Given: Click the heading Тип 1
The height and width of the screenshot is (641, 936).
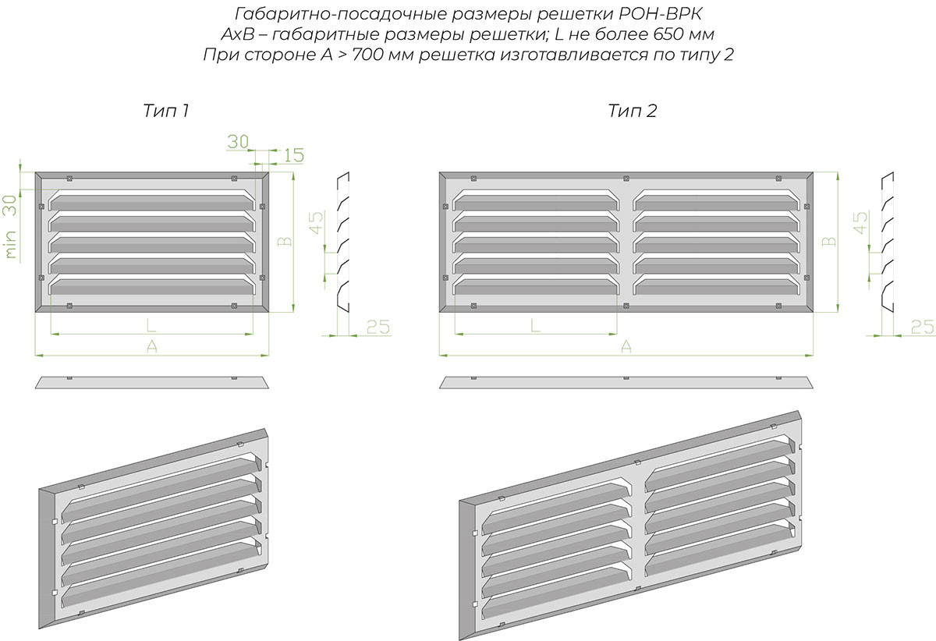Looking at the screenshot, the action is [x=166, y=111].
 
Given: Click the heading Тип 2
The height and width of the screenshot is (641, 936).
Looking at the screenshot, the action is [x=633, y=111].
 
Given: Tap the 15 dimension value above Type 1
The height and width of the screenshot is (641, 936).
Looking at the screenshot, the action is [x=294, y=155].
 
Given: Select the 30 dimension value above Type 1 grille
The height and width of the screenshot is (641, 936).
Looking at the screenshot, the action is [x=238, y=142].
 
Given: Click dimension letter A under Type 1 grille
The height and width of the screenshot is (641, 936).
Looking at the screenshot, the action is [x=151, y=346].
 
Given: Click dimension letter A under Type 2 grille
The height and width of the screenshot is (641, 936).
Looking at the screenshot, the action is [x=626, y=346].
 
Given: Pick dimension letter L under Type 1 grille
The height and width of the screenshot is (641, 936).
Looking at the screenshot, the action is [x=151, y=325].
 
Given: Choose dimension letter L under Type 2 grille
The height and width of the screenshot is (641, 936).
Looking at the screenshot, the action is [x=535, y=325].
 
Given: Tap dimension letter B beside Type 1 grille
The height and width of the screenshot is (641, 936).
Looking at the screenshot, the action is [x=285, y=242].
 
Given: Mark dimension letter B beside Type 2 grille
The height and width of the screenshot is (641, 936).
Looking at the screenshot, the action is [x=829, y=242].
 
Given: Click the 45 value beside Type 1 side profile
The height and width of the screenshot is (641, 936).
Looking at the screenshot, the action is [x=317, y=222].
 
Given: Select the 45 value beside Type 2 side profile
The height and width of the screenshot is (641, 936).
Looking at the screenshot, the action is [x=861, y=222].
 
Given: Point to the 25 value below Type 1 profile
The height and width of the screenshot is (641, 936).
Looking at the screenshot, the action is [x=378, y=327].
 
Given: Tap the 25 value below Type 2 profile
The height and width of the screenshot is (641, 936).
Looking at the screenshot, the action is [x=922, y=327].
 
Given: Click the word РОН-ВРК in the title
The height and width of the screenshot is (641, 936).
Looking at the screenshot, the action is [x=659, y=14].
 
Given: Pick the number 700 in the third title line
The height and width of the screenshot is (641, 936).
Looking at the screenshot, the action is [x=367, y=55].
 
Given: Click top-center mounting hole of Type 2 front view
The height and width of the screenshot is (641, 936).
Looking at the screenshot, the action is [x=626, y=179].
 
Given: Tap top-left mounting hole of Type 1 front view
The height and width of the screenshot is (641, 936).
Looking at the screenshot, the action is [x=69, y=179].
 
